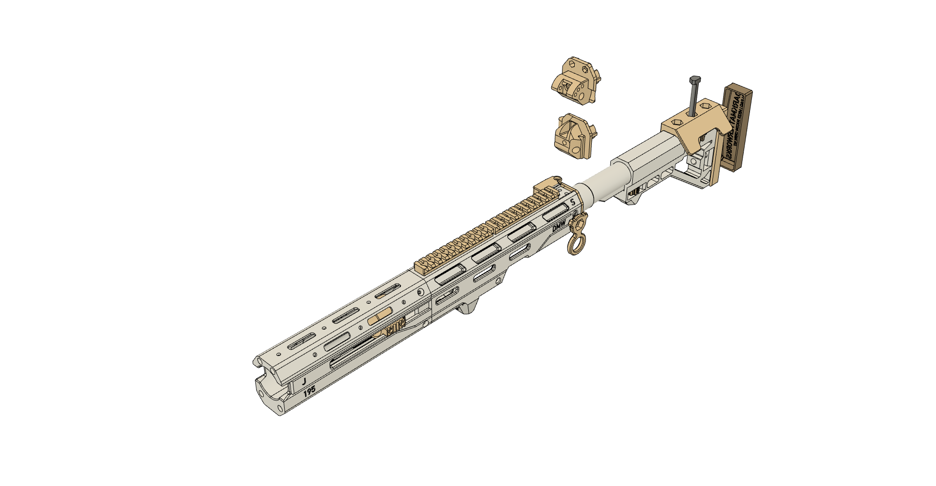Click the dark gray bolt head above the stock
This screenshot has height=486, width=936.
[x=695, y=80]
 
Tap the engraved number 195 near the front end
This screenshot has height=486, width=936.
[x=309, y=391]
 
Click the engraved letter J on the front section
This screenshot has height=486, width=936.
[x=304, y=380]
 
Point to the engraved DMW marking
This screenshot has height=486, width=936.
[x=559, y=227]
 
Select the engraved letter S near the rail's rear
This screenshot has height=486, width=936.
[x=573, y=203]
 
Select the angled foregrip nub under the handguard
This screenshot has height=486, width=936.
[x=469, y=306]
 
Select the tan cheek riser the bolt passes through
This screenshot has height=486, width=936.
[x=693, y=127]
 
